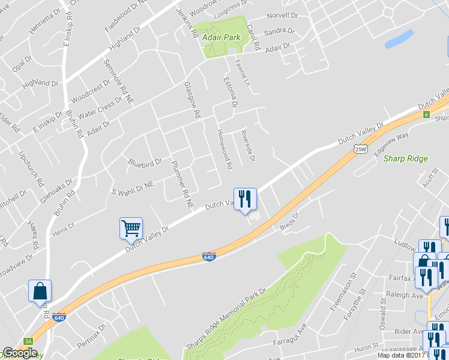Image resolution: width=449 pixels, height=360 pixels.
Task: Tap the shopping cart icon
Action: [x=131, y=228]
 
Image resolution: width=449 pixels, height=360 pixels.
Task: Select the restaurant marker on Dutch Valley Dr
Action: [x=245, y=199]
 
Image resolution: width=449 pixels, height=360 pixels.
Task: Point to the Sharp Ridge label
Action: [x=405, y=159]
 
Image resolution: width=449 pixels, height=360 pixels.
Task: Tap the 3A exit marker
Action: [x=28, y=341]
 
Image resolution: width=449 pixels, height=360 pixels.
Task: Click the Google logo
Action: [x=20, y=353]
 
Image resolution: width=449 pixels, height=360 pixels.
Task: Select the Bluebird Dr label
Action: [x=145, y=162]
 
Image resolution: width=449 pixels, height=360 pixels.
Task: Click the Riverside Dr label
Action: [x=248, y=146]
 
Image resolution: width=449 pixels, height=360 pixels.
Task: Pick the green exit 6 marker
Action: [x=426, y=115]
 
